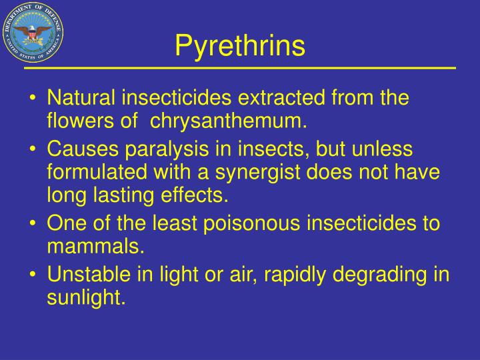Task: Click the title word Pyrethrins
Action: click(240, 46)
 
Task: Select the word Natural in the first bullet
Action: click(78, 99)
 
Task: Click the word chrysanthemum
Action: click(229, 123)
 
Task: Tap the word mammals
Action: click(95, 247)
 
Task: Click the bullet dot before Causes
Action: click(33, 149)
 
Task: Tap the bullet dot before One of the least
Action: click(33, 223)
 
